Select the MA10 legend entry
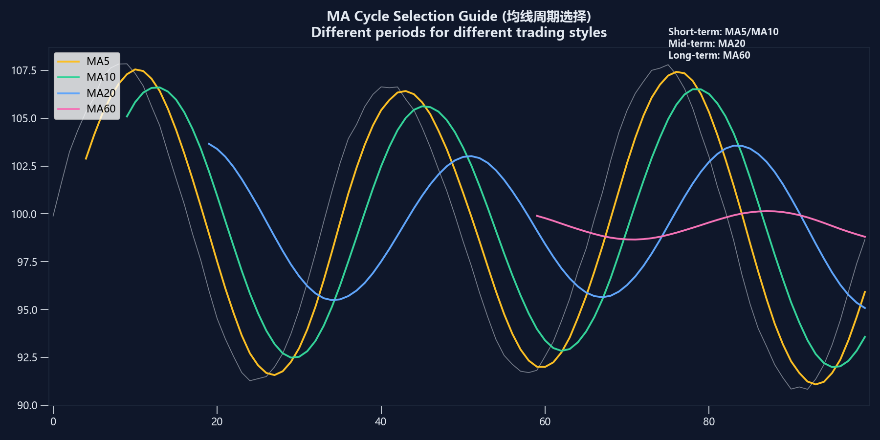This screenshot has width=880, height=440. (x=86, y=77)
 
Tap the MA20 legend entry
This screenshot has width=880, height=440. (x=86, y=93)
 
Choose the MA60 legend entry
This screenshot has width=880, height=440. (x=86, y=109)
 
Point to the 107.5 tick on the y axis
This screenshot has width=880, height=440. (x=23, y=70)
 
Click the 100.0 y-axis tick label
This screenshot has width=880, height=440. (x=23, y=214)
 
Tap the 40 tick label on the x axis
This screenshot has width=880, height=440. (x=380, y=421)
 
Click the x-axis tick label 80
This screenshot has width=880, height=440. (x=708, y=421)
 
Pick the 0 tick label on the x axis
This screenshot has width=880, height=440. (x=53, y=421)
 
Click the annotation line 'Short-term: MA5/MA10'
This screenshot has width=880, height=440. (x=723, y=32)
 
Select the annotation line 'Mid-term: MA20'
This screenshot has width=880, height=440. (x=706, y=44)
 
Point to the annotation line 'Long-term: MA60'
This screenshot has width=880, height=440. (x=709, y=55)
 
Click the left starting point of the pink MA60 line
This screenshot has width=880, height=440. (x=537, y=216)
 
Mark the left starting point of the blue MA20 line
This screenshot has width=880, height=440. (x=209, y=144)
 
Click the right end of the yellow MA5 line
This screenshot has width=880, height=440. (x=865, y=292)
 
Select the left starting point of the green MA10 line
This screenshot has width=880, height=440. (x=127, y=116)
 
